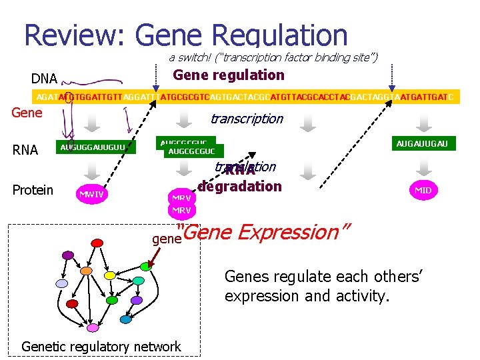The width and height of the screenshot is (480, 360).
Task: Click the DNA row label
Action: tap(44, 79)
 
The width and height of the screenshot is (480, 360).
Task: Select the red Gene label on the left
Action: tap(27, 112)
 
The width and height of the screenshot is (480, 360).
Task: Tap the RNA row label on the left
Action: tap(25, 150)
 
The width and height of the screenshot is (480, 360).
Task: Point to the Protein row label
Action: tap(33, 190)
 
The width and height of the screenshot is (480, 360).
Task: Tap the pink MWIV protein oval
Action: tap(93, 195)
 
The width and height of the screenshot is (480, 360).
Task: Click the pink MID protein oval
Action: tap(423, 190)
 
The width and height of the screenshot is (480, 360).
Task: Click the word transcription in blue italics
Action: tap(246, 119)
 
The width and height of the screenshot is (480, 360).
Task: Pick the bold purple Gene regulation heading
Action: tap(229, 75)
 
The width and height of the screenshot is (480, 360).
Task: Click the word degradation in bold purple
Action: tap(239, 187)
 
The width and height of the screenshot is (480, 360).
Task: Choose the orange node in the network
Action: tap(85, 272)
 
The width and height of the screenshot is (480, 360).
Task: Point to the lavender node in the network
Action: tap(61, 284)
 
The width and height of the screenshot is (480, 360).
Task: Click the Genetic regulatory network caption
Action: tap(101, 346)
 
